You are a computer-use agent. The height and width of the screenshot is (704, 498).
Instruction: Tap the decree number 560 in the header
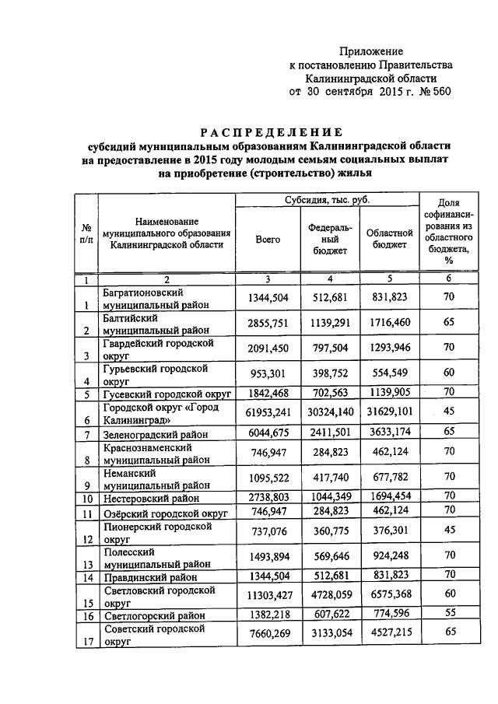[437, 91]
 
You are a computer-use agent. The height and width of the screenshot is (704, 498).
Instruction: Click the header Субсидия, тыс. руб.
[327, 201]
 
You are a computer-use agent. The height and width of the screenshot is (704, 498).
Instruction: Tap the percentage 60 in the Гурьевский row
[449, 373]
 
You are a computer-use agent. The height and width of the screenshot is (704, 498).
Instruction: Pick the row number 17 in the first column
[87, 643]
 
